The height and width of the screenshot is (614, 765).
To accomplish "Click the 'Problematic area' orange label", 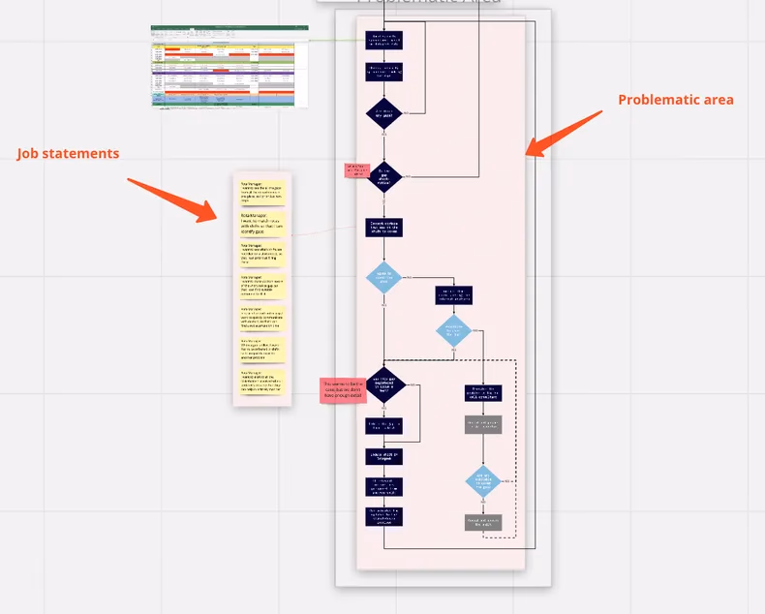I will point(675,100).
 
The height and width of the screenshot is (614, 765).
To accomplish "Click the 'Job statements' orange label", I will point(68,154).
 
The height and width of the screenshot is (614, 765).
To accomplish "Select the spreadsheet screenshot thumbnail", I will point(229,67).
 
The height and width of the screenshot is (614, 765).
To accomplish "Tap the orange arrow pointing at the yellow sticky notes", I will point(174,198).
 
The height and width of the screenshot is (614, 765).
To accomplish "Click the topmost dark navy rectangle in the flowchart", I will point(383,41).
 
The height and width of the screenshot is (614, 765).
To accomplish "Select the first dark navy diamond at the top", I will point(383,112).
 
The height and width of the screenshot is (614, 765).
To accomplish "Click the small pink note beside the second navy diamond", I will point(356,169).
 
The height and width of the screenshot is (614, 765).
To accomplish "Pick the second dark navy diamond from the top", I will point(383,175).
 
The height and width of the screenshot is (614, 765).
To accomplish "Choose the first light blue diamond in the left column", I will point(383,277).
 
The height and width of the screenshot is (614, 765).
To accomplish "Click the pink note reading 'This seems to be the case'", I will point(343,390).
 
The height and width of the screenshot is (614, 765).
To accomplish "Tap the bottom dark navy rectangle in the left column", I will point(383,516).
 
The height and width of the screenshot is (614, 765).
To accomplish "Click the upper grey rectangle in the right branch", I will point(483,424).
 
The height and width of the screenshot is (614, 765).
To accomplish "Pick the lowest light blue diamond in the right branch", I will point(483,480).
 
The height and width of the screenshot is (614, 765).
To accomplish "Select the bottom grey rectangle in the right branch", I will point(483,521).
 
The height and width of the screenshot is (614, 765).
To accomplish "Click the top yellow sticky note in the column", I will point(261,193).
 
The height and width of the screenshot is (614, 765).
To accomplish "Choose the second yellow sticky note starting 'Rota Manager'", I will point(261,225).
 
